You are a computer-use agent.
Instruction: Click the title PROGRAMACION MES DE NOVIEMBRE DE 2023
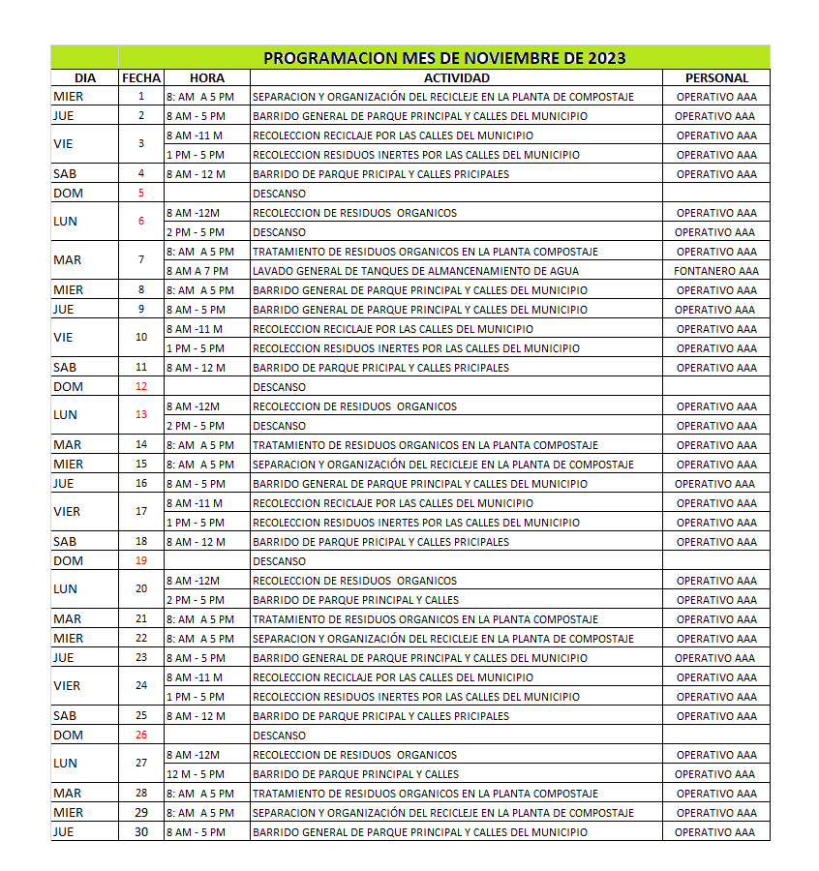click(444, 57)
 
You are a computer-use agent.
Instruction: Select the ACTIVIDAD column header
click(456, 77)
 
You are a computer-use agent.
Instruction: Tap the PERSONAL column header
click(716, 77)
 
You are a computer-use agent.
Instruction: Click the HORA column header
click(207, 77)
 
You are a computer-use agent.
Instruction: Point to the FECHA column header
click(141, 77)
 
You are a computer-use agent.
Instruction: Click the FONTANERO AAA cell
click(716, 271)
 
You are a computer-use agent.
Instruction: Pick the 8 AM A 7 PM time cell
click(197, 271)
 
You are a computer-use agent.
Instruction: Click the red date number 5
click(141, 193)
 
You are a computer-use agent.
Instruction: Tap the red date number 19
click(141, 560)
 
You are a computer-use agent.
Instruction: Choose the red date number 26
click(141, 735)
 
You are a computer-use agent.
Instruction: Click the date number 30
click(141, 831)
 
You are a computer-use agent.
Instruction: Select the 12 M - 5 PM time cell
click(196, 774)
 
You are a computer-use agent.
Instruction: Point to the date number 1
click(141, 96)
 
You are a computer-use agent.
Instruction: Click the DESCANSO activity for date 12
click(279, 387)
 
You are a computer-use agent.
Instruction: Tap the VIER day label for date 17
click(67, 511)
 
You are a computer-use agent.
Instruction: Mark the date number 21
click(141, 618)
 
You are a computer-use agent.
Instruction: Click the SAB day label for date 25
click(65, 715)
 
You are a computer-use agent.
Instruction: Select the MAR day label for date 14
click(67, 444)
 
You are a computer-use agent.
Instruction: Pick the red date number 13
click(141, 414)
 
